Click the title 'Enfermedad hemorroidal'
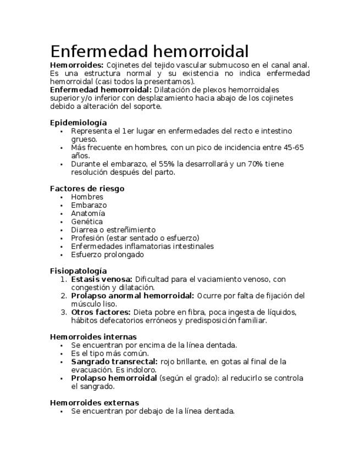click(149, 51)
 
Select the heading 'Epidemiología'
click(78, 123)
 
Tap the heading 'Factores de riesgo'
click(87, 188)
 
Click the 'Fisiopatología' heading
click(78, 271)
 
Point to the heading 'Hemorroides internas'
click(93, 337)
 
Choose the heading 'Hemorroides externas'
click(94, 403)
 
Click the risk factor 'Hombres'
click(87, 197)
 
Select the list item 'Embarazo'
click(89, 205)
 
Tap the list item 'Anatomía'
click(88, 213)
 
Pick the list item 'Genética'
click(87, 221)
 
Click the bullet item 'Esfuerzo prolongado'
click(107, 254)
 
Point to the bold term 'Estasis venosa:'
click(101, 279)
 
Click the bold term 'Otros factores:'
click(101, 312)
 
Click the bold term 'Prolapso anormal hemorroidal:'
click(132, 296)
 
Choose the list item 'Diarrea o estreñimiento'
click(113, 230)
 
